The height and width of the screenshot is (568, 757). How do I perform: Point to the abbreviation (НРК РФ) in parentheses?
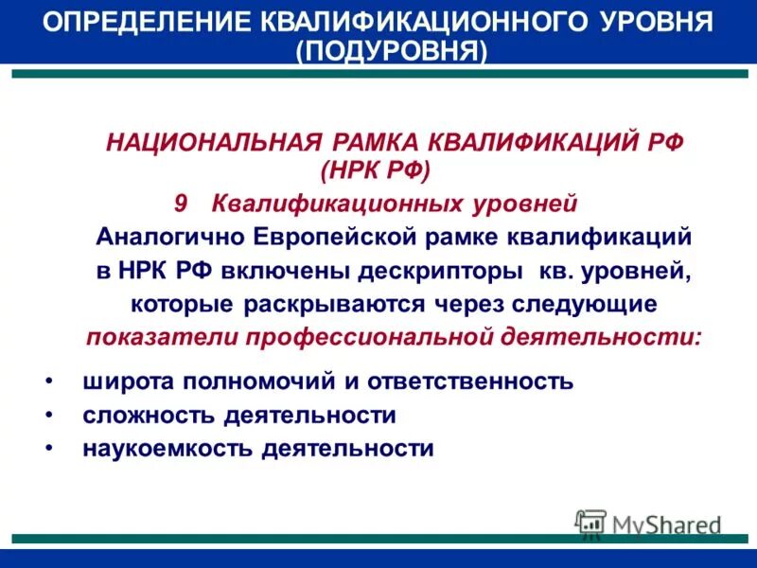click(376, 170)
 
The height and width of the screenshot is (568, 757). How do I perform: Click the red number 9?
click(183, 203)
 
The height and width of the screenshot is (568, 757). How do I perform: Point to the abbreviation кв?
click(551, 271)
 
